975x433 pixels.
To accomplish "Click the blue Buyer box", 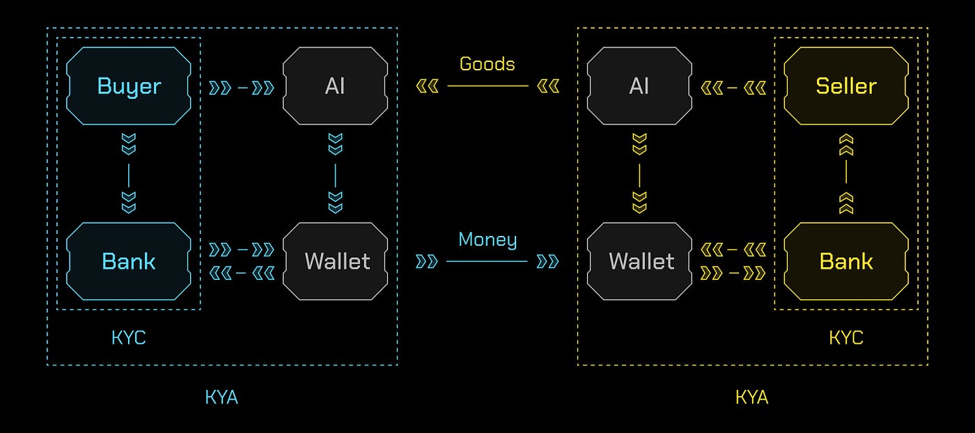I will [x=129, y=86].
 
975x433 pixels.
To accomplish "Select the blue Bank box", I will [x=129, y=262].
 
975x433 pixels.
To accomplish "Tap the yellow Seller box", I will [x=846, y=86].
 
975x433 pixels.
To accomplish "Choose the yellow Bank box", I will [x=846, y=262].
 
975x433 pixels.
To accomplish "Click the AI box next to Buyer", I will [x=335, y=86].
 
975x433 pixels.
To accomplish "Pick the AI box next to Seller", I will [x=639, y=86].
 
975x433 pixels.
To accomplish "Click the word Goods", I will [x=487, y=64].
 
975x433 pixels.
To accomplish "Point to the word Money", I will [x=487, y=240].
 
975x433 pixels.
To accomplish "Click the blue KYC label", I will [x=129, y=338].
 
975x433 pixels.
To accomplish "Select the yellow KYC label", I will [x=846, y=338].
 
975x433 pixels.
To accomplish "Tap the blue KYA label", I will [x=222, y=397].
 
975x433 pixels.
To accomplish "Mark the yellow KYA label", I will [x=752, y=397].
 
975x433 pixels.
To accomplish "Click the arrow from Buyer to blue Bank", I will [x=129, y=174].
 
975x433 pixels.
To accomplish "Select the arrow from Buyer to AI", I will [x=242, y=88].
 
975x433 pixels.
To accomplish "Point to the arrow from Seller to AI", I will [x=733, y=88].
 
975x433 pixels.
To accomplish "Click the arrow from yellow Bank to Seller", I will [x=846, y=174].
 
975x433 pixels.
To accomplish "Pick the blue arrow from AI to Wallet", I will [x=335, y=174].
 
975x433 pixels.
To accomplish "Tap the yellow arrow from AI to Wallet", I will [x=639, y=174].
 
